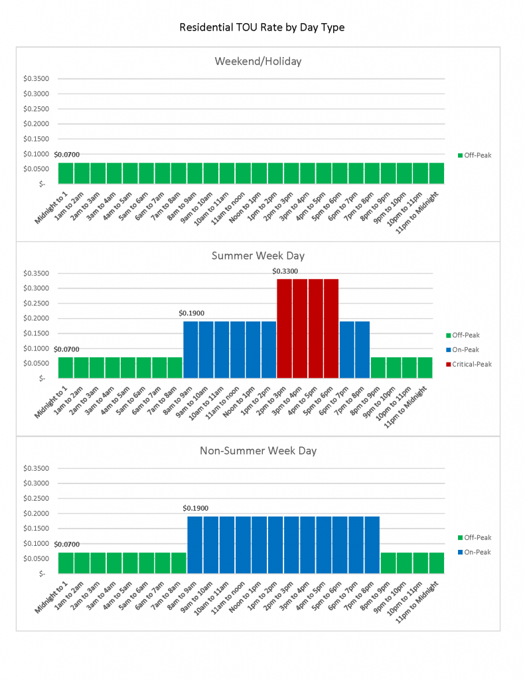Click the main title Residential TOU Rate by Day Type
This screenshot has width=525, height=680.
pyautogui.click(x=262, y=27)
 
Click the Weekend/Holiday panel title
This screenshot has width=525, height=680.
pyautogui.click(x=258, y=61)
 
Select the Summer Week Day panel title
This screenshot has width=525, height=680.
pyautogui.click(x=258, y=255)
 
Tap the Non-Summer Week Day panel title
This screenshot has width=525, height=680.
pyautogui.click(x=258, y=450)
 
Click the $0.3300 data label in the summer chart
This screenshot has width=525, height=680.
pyautogui.click(x=285, y=271)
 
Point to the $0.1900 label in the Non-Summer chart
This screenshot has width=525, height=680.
pyautogui.click(x=195, y=508)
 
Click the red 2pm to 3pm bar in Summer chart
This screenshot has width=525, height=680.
pyautogui.click(x=284, y=328)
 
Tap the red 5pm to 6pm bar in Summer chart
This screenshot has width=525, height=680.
pyautogui.click(x=331, y=328)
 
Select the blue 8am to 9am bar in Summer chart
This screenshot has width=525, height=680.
pyautogui.click(x=190, y=349)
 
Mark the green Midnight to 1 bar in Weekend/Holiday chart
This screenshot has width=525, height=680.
pyautogui.click(x=66, y=173)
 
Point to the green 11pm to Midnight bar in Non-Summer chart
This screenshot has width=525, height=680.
pyautogui.click(x=437, y=562)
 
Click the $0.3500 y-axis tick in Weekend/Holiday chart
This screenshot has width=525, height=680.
pyautogui.click(x=36, y=78)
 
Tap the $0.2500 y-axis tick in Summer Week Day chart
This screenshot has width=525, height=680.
pyautogui.click(x=36, y=303)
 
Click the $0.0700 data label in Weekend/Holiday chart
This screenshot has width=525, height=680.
pyautogui.click(x=66, y=155)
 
